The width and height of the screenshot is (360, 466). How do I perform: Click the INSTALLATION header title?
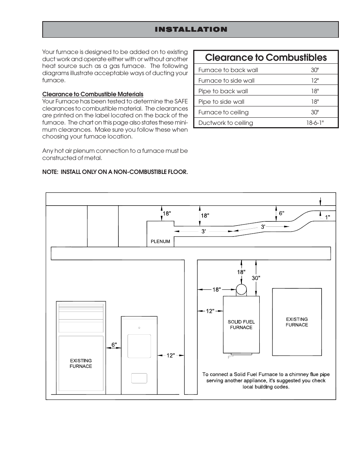[x=191, y=29]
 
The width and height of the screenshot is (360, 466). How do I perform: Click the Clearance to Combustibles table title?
[x=266, y=57]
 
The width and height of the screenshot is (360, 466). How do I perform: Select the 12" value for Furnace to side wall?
[x=315, y=80]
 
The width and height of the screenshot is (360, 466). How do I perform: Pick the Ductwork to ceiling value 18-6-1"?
[x=315, y=123]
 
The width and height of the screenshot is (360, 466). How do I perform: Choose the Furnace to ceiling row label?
[x=223, y=112]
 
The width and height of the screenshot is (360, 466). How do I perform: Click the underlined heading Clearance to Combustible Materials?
[x=93, y=94]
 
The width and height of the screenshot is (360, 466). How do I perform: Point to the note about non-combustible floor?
[x=115, y=172]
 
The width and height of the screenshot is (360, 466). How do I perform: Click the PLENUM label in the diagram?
[x=160, y=241]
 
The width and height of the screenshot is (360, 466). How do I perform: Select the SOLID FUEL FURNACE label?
[x=241, y=325]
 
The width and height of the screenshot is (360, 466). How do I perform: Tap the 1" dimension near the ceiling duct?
[x=328, y=217]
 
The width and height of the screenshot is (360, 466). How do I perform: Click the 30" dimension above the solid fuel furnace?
[x=256, y=278]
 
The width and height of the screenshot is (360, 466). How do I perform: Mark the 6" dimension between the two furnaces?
[x=114, y=345]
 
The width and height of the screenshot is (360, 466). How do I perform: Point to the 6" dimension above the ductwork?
[x=282, y=213]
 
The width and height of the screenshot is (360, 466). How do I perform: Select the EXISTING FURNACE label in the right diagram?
[x=297, y=322]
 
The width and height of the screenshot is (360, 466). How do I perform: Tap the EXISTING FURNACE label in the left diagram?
[x=81, y=363]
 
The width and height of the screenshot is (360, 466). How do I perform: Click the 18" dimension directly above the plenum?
[x=166, y=213]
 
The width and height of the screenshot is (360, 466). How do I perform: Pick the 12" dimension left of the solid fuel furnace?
[x=210, y=311]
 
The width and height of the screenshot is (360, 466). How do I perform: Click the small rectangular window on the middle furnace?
[x=139, y=378]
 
